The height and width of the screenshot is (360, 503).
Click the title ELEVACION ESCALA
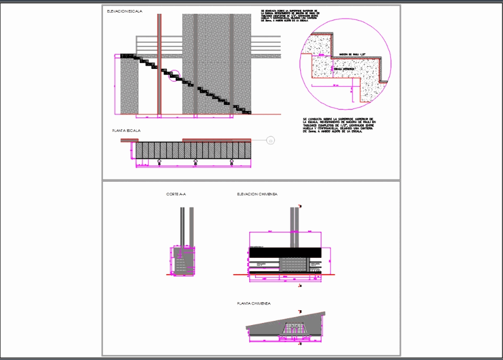coord(124,11)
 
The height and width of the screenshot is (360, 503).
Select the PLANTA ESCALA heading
coord(125,130)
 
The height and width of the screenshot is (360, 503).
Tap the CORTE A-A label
coord(176,194)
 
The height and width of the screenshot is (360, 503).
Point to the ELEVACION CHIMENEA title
coord(257,194)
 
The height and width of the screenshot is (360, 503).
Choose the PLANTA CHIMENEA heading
coord(254,303)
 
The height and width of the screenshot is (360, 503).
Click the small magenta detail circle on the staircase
coord(174,77)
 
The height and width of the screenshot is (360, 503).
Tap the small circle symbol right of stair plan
coord(270,141)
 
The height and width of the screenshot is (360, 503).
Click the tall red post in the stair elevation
coord(159,64)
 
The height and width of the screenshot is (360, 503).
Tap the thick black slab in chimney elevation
coord(284,253)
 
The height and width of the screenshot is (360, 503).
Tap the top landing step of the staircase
coord(129,55)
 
